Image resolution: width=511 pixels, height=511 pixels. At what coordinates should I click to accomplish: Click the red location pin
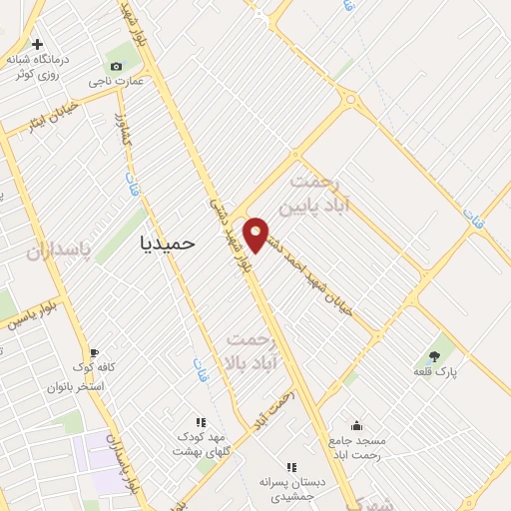click(256, 234)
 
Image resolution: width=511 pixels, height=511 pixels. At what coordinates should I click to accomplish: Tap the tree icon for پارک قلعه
click(434, 355)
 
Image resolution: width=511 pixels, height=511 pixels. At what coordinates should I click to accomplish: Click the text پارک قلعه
click(434, 371)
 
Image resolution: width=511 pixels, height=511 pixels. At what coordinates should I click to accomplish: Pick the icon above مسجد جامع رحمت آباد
click(356, 425)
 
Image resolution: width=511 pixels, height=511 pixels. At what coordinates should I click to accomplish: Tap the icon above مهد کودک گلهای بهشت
click(201, 422)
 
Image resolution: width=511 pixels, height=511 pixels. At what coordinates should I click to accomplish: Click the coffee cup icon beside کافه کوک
click(94, 352)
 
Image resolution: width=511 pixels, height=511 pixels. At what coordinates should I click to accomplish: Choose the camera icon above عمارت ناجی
click(117, 67)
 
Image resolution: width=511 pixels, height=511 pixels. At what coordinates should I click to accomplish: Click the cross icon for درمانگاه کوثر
click(38, 45)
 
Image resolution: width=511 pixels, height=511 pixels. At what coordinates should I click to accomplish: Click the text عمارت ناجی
click(116, 82)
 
